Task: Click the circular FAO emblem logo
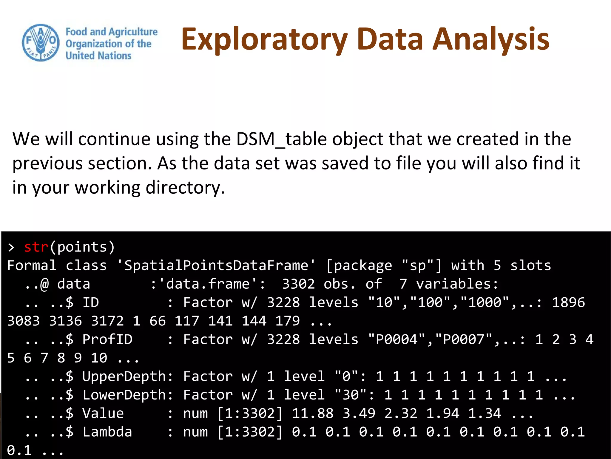[x=41, y=43]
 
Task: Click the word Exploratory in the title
[x=264, y=39]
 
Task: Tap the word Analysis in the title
[x=491, y=39]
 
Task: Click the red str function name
[x=36, y=247]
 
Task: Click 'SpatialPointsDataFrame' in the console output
[x=216, y=265]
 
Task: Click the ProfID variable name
[x=107, y=339]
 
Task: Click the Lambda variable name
[x=107, y=432]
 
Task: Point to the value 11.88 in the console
[x=313, y=413]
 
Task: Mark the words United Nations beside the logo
[x=98, y=56]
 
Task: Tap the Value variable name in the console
[x=103, y=413]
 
